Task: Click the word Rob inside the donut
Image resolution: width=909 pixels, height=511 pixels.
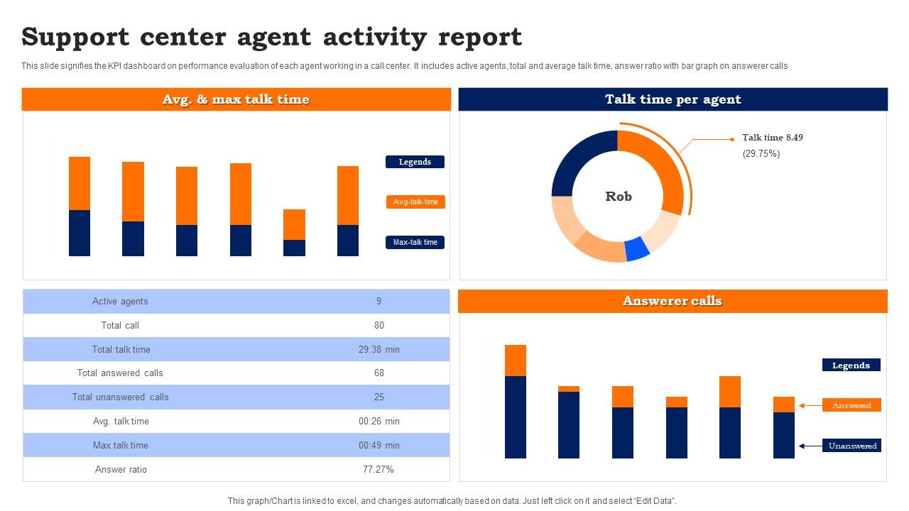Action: tap(618, 197)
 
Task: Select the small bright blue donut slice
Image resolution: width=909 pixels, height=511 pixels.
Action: tap(637, 248)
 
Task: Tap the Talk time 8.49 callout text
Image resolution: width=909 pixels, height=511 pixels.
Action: tap(773, 138)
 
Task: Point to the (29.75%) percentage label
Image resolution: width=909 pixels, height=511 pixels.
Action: tap(761, 153)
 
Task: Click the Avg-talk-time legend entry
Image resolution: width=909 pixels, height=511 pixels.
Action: tap(415, 202)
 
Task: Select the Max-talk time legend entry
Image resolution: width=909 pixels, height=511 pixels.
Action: tap(415, 242)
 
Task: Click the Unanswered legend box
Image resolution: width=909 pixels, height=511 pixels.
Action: tap(852, 446)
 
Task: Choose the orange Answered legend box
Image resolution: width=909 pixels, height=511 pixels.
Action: tap(851, 405)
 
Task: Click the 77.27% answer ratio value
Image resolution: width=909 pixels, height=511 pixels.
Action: tap(379, 469)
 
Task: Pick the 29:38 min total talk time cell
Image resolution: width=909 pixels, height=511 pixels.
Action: tap(379, 349)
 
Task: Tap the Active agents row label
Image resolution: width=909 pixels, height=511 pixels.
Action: tap(120, 301)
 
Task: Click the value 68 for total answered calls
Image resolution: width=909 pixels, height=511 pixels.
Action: tap(379, 373)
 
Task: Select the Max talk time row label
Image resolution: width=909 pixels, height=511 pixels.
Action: tap(120, 445)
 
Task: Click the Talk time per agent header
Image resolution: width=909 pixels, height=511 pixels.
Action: tap(673, 99)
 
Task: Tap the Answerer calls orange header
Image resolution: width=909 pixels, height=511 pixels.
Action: tap(672, 301)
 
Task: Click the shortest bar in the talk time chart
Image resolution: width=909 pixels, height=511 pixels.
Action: tap(294, 233)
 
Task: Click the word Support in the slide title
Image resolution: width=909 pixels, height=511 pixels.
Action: tap(75, 36)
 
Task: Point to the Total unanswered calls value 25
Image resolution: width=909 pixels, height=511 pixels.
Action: tap(379, 397)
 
